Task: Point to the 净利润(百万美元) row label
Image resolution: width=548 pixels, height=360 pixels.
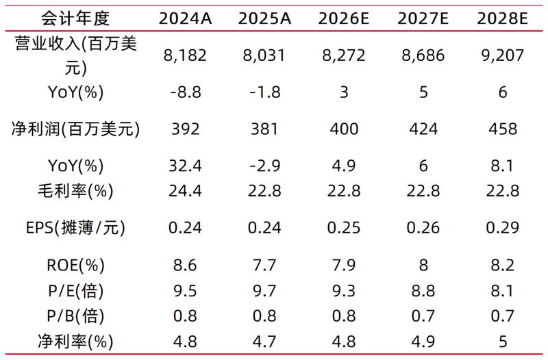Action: [x=76, y=129]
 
